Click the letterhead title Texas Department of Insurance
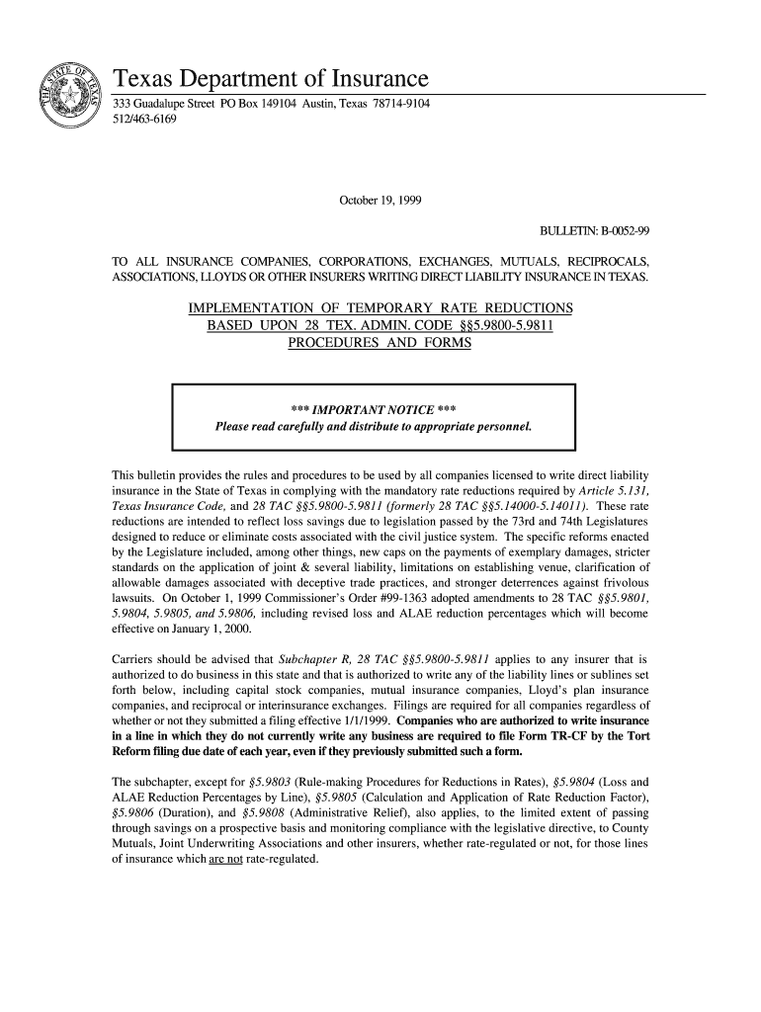tap(270, 78)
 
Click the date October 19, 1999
tap(380, 201)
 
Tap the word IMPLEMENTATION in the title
tap(262, 309)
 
